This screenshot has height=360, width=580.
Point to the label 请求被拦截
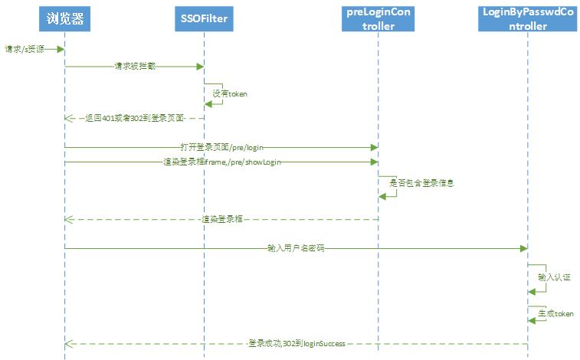point(133,67)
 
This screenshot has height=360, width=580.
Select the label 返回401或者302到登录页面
point(134,119)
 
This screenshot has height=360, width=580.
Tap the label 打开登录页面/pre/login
point(220,146)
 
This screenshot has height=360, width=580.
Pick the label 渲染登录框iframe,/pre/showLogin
point(219,162)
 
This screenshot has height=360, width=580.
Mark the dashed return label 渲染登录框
point(221,219)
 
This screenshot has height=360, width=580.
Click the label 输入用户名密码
point(295,248)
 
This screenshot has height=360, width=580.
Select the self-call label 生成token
point(555,313)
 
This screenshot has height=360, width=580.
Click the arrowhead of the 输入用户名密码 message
point(523,248)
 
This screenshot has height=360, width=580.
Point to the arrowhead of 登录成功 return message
point(69,343)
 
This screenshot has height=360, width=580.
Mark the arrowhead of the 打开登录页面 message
point(373,146)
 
